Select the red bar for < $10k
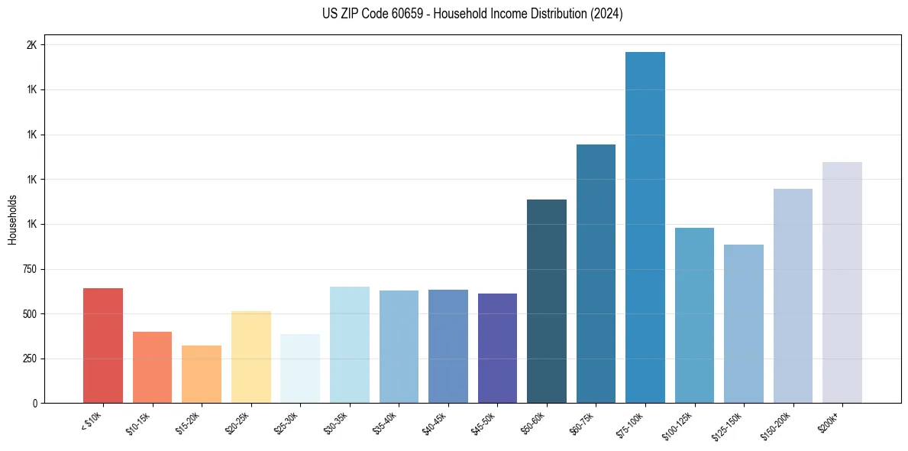[x=103, y=346]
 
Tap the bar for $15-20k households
[x=202, y=374]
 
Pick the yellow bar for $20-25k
[x=250, y=357]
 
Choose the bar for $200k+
[x=842, y=282]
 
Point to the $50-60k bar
[x=546, y=301]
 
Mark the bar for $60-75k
[x=596, y=274]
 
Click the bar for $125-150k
[x=743, y=323]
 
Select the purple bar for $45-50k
[x=497, y=348]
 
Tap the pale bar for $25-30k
[x=300, y=368]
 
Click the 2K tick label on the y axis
[x=31, y=45]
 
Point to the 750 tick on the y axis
[x=29, y=269]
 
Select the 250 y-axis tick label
[x=29, y=359]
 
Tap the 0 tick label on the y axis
[x=34, y=403]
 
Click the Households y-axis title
[x=12, y=219]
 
